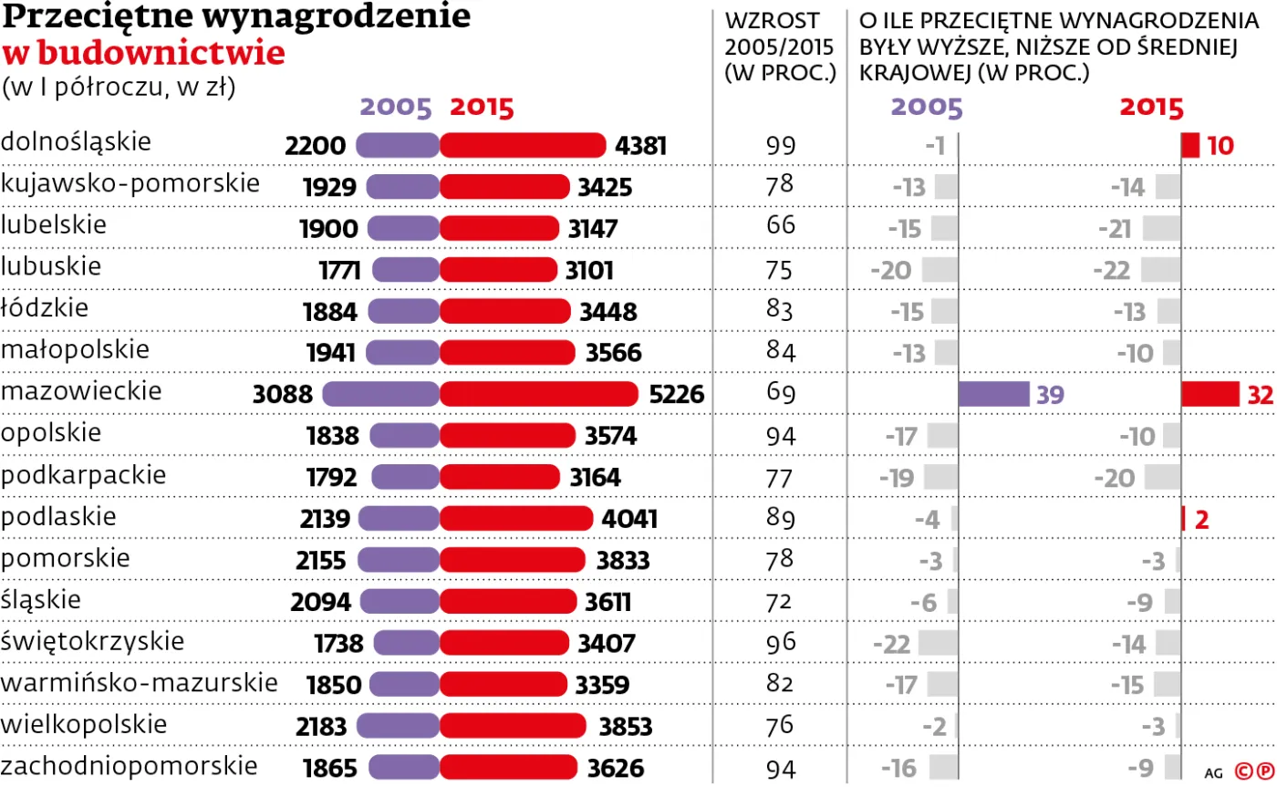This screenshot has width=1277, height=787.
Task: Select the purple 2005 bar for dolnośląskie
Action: coord(397,145)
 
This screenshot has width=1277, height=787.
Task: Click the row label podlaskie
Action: coord(59,517)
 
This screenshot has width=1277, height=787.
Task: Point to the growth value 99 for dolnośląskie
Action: coord(781,146)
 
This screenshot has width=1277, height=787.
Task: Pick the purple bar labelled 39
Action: coord(993,394)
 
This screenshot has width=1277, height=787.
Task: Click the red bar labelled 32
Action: coord(1210,394)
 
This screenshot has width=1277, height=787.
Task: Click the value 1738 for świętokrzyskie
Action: coord(338,644)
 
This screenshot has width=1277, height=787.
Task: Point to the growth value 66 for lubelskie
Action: coord(781,227)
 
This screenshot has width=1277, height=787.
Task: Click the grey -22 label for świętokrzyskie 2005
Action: coord(891,644)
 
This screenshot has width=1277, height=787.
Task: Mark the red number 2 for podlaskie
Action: coord(1201,520)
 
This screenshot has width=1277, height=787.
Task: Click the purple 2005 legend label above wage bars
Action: coord(395,108)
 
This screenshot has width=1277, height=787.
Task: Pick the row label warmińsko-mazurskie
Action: coord(140,683)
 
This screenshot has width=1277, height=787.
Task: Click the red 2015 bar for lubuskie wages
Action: coord(498,270)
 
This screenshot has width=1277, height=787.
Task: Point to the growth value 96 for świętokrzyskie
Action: coord(781,643)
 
